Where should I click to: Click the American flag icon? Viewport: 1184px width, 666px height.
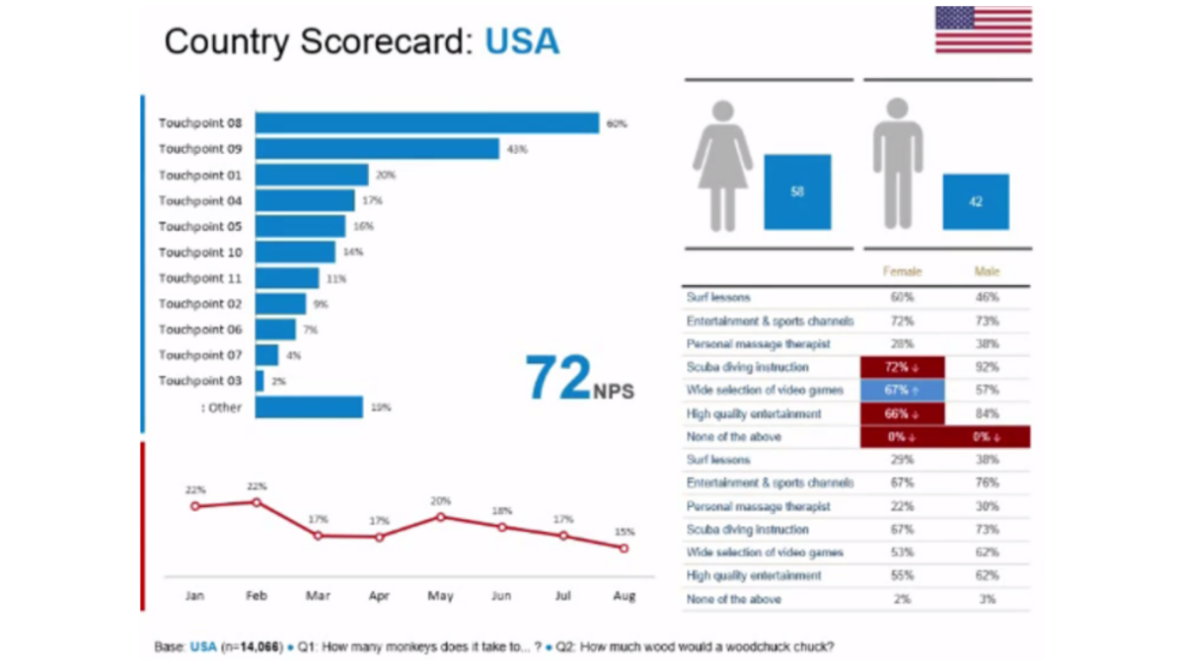coord(983,30)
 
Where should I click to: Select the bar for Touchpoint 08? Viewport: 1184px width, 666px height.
coord(426,123)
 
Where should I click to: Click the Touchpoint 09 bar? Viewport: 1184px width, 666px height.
coord(377,149)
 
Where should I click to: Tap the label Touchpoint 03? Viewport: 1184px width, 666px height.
coord(200,381)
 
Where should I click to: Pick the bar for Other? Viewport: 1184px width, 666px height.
coord(309,407)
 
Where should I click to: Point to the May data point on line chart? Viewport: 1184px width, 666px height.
coord(440,516)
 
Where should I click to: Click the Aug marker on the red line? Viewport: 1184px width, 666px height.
coord(624,548)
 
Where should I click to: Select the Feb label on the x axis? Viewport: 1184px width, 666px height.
coord(257,596)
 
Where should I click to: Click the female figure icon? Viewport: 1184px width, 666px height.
coord(722,165)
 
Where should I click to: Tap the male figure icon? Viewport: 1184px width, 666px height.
coord(897,164)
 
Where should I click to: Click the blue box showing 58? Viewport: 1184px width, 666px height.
coord(797,191)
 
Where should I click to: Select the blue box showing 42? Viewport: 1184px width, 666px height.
coord(975,201)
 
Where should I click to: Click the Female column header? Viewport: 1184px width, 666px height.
coord(902,270)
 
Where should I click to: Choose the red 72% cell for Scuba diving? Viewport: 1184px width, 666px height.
coord(902,367)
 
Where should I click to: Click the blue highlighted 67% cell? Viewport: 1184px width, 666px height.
coord(902,391)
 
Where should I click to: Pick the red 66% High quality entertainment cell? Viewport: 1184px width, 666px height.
coord(902,413)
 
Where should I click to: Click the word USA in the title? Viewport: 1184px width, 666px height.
coord(522,41)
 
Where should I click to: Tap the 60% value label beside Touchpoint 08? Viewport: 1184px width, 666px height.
coord(617,124)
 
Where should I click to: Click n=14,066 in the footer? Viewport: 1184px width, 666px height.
coord(252,647)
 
